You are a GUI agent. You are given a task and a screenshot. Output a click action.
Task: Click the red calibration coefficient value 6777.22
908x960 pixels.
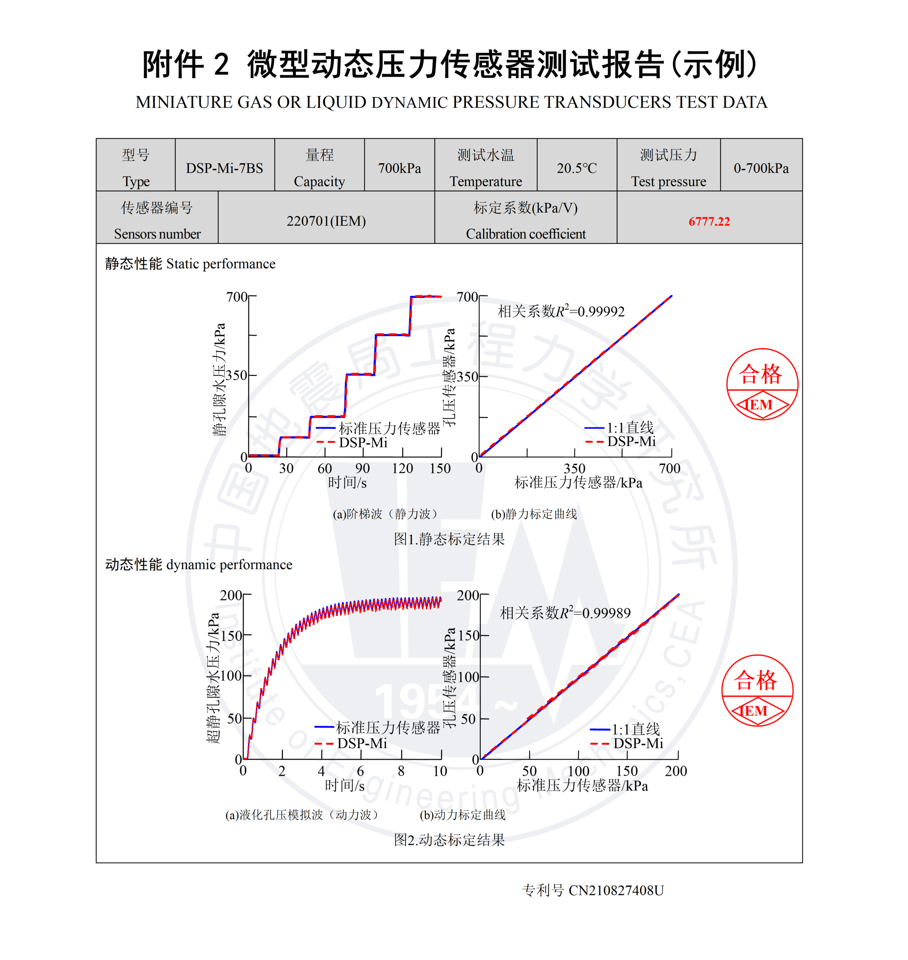point(709,221)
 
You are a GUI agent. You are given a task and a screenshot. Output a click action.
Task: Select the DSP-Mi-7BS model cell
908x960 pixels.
point(224,168)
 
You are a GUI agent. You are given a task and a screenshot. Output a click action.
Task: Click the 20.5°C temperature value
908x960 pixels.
point(577,168)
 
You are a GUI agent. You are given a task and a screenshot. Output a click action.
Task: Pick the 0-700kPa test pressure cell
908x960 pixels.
point(761,168)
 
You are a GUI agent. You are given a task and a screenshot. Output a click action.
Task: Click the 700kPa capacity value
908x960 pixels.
point(399,168)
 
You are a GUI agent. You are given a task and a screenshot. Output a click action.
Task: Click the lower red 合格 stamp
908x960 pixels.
point(757,690)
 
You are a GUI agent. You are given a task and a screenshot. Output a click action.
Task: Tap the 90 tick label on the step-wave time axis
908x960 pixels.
point(363,468)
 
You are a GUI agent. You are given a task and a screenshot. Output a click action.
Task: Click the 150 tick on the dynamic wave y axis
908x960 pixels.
point(231,635)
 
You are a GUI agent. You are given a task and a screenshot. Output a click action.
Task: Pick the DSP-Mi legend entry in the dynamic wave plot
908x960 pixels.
point(351,743)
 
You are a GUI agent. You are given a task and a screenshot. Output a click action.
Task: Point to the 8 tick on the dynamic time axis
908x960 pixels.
point(401,771)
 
